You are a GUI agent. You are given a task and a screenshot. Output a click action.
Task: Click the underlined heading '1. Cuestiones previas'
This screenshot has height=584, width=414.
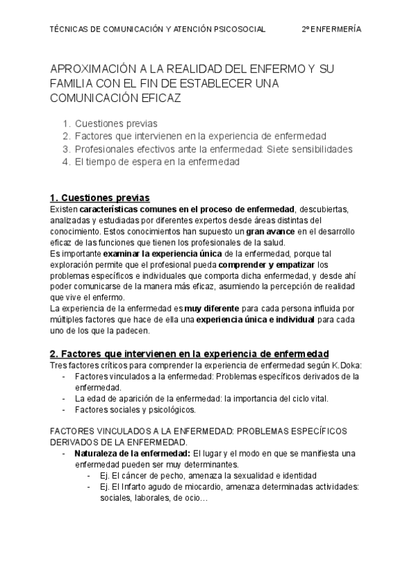tap(99, 198)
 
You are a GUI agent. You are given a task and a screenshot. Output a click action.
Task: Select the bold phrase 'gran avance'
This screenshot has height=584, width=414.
tap(270, 231)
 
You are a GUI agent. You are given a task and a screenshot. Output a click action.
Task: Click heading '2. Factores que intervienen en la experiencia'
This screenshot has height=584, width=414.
tap(189, 353)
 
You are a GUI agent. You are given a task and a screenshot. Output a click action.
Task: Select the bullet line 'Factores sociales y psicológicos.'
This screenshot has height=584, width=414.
tap(135, 409)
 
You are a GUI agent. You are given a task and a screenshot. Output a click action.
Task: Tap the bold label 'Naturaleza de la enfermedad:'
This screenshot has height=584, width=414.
tap(132, 453)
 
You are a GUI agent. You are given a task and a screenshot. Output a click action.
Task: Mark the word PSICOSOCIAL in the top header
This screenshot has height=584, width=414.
tap(239, 30)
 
